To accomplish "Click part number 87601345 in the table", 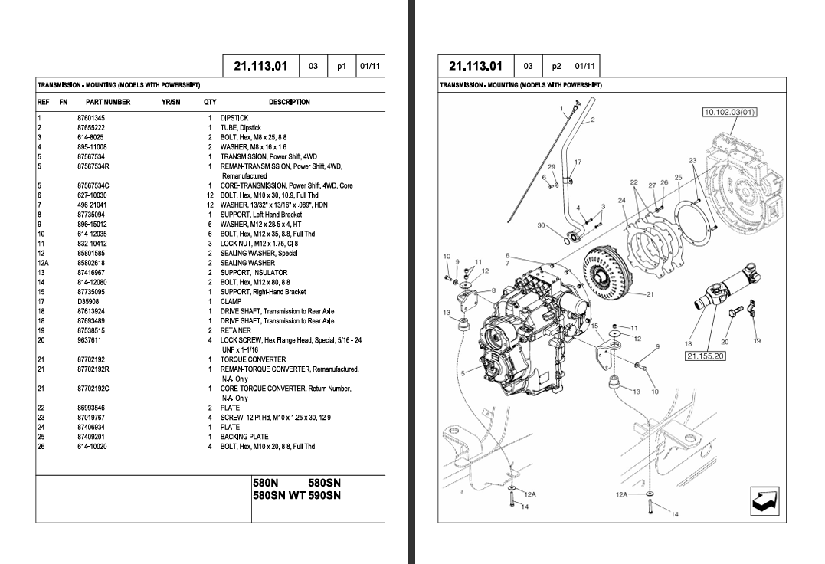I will (x=91, y=118).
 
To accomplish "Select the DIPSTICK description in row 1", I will (x=234, y=118).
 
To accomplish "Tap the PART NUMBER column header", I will (x=108, y=102).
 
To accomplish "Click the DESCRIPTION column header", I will (x=289, y=102).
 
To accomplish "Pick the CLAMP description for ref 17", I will (x=231, y=302).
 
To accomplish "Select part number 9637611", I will (x=90, y=340).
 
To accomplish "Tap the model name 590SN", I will (x=324, y=496).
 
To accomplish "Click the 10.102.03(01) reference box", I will (x=729, y=113).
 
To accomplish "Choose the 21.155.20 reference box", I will (x=706, y=356).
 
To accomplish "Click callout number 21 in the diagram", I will (x=650, y=293).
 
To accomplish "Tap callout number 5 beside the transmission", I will (x=463, y=374).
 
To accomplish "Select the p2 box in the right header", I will (x=556, y=66).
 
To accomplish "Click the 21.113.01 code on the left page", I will (x=260, y=66).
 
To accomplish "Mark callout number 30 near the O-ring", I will (x=542, y=225).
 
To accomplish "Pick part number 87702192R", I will (x=93, y=369).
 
